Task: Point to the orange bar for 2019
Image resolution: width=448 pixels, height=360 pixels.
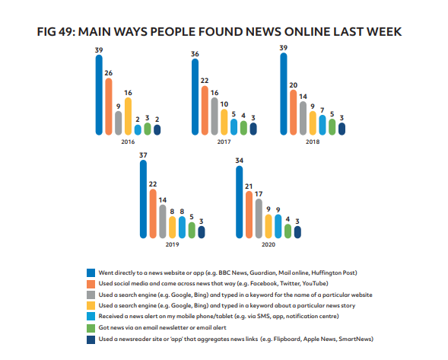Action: coord(152,209)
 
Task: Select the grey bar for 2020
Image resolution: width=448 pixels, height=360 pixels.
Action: coord(259,215)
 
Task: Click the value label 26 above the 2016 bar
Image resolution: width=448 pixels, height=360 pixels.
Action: coord(108,72)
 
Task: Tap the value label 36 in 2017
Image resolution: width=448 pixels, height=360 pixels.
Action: coord(195,54)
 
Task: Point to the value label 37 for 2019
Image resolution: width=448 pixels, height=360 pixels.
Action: coord(142,156)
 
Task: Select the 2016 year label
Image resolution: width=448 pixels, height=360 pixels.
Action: coord(128,142)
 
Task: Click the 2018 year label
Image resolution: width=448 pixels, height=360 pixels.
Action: coord(313,142)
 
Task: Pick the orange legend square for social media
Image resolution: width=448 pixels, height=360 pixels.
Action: coord(91,282)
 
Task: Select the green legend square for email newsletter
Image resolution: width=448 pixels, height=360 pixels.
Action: coord(91,326)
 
